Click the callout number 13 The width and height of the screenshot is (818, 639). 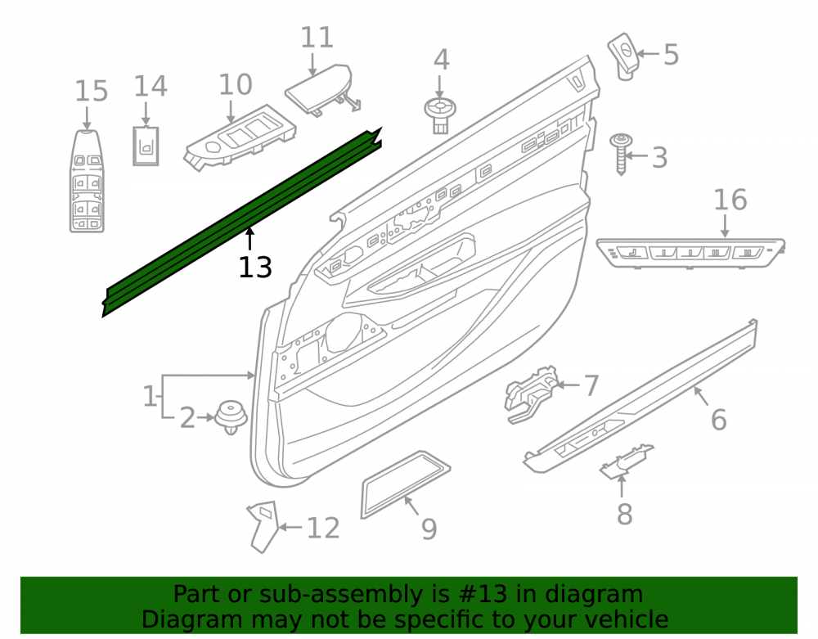click(x=255, y=268)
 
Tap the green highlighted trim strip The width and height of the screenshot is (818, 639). click(x=241, y=222)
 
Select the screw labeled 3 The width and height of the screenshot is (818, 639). click(x=621, y=154)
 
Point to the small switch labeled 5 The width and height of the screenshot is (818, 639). click(x=624, y=56)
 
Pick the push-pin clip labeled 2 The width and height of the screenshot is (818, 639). click(x=231, y=417)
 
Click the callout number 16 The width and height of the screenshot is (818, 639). click(x=730, y=200)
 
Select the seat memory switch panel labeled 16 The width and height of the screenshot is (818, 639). click(x=690, y=253)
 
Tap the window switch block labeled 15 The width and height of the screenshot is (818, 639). click(x=88, y=181)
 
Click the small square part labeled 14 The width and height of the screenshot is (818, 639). click(x=146, y=146)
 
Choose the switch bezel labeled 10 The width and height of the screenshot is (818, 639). click(x=240, y=137)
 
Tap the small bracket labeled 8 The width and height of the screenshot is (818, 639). click(x=626, y=461)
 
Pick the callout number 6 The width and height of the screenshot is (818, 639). click(x=719, y=420)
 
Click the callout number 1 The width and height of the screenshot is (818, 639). click(x=150, y=397)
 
